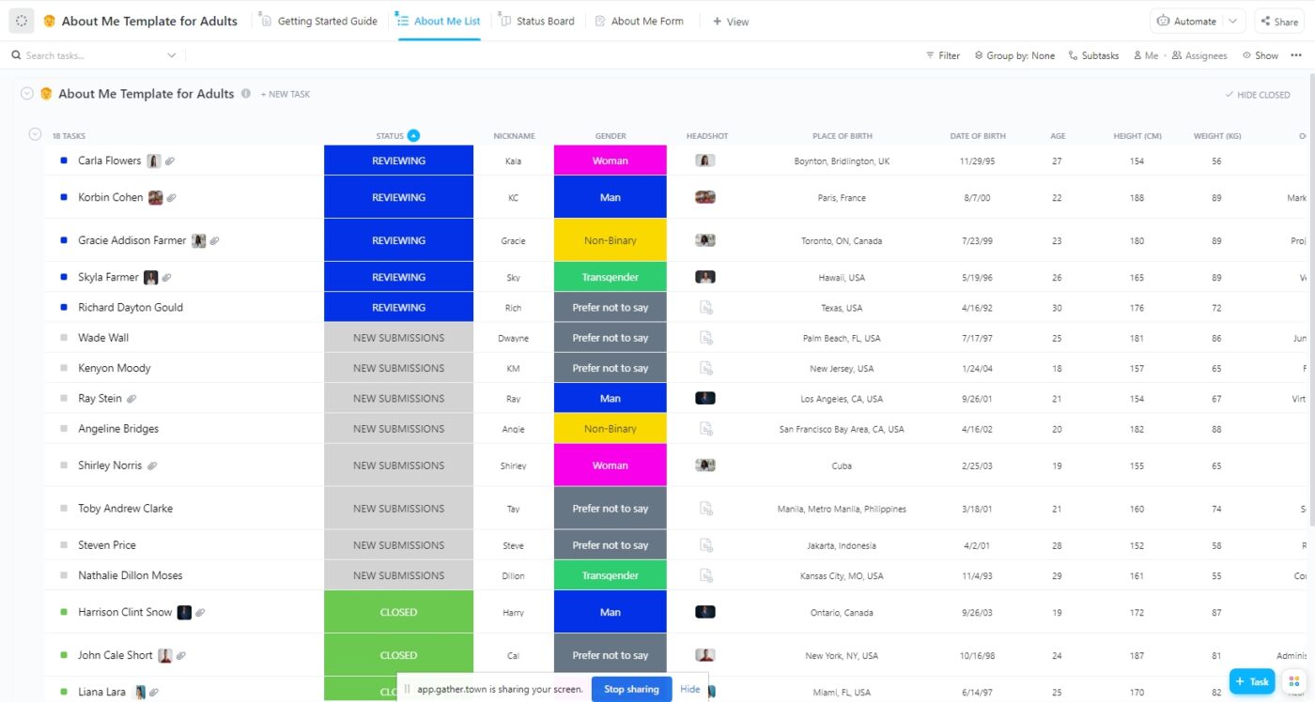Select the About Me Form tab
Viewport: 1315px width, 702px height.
click(646, 21)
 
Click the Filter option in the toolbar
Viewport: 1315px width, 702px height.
click(943, 55)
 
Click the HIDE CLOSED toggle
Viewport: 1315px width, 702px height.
click(1258, 95)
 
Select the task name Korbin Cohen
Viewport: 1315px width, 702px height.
click(111, 197)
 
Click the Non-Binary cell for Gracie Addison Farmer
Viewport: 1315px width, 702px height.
click(610, 240)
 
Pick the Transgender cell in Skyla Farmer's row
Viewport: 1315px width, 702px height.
click(610, 277)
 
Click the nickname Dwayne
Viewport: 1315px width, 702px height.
click(513, 338)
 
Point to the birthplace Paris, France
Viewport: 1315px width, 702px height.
click(842, 198)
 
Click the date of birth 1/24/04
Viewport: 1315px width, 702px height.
click(978, 369)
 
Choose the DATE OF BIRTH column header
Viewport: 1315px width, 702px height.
click(978, 136)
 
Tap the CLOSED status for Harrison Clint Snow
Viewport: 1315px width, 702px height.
click(398, 612)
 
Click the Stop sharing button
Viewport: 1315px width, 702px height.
click(631, 689)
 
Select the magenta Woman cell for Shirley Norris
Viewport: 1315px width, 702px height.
click(610, 465)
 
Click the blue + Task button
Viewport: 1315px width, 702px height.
click(1251, 682)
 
